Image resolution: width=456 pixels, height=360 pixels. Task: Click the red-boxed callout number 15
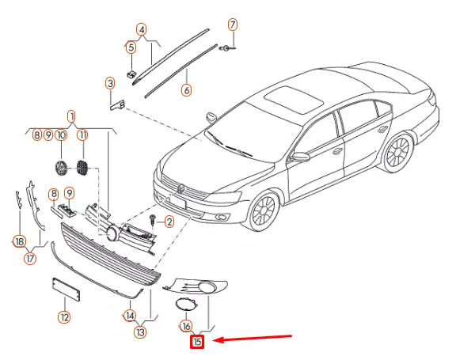pos(197,341)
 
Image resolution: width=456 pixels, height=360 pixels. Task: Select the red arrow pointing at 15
pos(253,338)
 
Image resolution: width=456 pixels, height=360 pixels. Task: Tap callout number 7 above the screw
pos(233,25)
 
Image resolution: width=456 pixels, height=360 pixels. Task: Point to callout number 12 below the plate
pos(64,317)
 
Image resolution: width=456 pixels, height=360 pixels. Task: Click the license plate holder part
pos(66,289)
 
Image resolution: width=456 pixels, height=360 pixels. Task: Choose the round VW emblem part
pos(61,168)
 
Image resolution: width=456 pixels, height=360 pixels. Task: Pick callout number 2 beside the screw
pos(169,222)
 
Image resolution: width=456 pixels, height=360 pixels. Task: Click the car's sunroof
pos(294,100)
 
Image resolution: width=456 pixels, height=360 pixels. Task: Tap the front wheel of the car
pos(264,210)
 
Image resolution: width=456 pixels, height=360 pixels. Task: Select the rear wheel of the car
pos(398,152)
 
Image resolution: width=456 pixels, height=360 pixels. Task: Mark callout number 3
pos(110,84)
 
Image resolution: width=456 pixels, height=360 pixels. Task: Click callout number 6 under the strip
pos(186,89)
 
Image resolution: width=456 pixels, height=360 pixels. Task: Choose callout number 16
pos(186,326)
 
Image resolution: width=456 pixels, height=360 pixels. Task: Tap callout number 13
pos(140,332)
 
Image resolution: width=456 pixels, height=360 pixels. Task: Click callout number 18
pos(20,241)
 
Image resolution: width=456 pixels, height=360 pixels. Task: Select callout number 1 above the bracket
pos(71,117)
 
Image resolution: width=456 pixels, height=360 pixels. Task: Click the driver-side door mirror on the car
pos(301,157)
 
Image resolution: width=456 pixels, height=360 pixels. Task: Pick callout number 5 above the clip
pos(131,47)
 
